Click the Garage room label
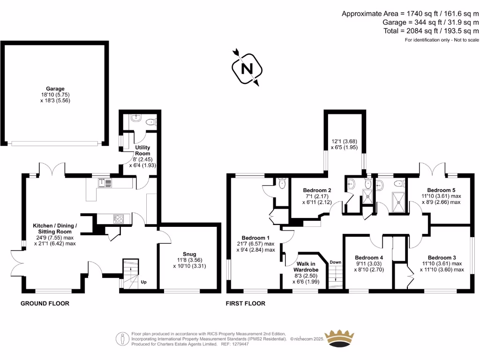click(55, 89)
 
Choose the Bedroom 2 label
click(317, 190)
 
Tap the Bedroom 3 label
click(442, 257)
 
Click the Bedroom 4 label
click(369, 257)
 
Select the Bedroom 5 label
click(442, 190)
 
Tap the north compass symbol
click(246, 68)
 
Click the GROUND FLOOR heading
click(45, 303)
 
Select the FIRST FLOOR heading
click(245, 303)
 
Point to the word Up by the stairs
click(144, 282)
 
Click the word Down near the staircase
click(335, 262)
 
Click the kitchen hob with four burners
click(118, 218)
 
